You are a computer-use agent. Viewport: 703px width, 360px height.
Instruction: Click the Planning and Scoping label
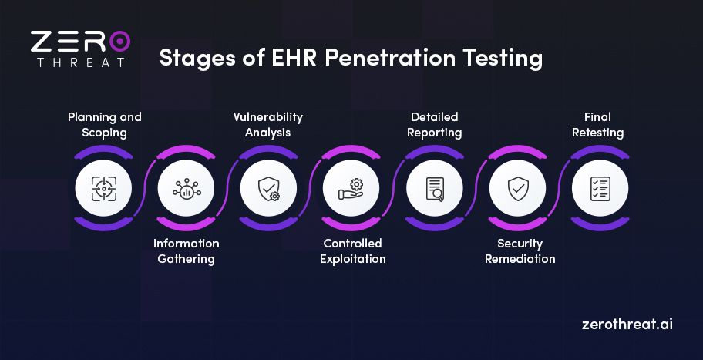pyautogui.click(x=105, y=125)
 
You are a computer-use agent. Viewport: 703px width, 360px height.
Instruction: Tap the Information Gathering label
pyautogui.click(x=186, y=251)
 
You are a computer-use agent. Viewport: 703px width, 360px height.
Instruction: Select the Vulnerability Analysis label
pyautogui.click(x=268, y=125)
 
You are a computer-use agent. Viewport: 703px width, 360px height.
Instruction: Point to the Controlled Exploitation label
pyautogui.click(x=352, y=251)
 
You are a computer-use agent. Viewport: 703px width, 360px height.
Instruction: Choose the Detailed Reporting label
pyautogui.click(x=434, y=125)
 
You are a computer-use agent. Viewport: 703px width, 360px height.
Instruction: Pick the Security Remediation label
pyautogui.click(x=520, y=251)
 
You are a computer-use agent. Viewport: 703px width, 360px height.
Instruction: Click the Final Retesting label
pyautogui.click(x=597, y=125)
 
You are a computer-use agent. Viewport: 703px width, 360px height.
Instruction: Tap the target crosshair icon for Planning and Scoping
pyautogui.click(x=103, y=188)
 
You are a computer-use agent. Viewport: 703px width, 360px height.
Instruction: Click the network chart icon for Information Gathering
pyautogui.click(x=186, y=188)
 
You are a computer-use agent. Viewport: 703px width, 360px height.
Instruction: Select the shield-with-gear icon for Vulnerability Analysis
pyautogui.click(x=268, y=188)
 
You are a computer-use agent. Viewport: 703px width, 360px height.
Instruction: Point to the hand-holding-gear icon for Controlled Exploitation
pyautogui.click(x=351, y=188)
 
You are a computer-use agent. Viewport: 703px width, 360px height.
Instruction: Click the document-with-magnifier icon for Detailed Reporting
pyautogui.click(x=435, y=188)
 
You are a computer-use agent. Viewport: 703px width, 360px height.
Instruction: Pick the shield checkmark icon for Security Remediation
pyautogui.click(x=517, y=188)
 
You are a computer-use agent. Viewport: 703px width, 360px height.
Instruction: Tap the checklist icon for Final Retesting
pyautogui.click(x=600, y=188)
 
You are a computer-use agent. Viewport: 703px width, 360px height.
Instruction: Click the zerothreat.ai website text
pyautogui.click(x=627, y=324)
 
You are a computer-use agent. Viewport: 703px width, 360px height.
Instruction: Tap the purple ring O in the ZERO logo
pyautogui.click(x=119, y=42)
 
